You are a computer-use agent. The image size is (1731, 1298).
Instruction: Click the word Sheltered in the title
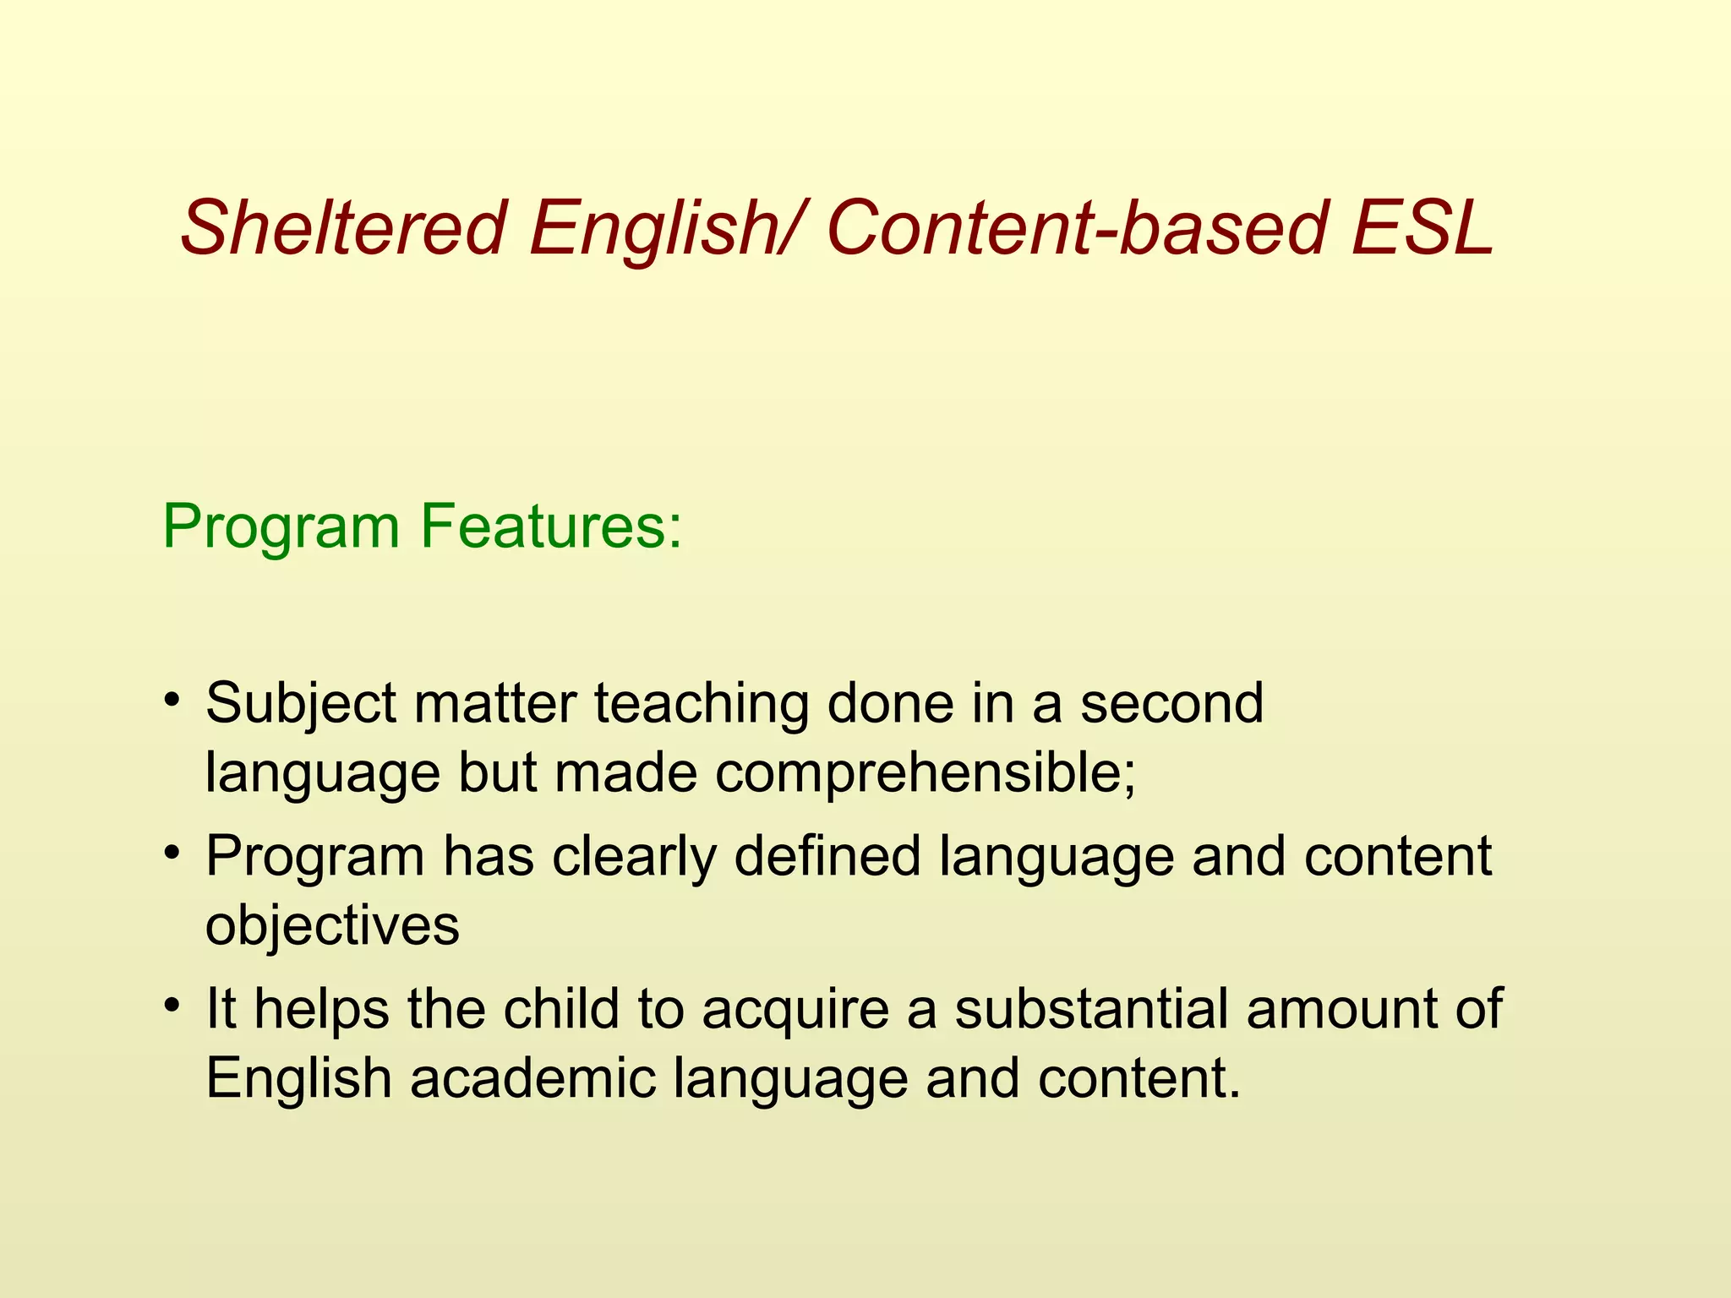tap(342, 228)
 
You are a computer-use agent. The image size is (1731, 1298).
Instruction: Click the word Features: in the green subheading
tap(550, 526)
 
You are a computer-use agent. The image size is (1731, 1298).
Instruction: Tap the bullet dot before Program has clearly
tap(172, 853)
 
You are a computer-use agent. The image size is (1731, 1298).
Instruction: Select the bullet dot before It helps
tap(172, 1006)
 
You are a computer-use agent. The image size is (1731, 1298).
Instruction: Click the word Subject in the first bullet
tap(301, 704)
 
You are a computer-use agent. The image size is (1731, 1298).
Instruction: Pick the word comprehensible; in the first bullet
tap(926, 773)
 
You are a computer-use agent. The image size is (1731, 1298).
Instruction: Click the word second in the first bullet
tap(1171, 704)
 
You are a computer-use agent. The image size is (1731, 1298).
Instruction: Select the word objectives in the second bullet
tap(332, 925)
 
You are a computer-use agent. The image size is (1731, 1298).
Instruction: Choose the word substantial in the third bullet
tap(1090, 1009)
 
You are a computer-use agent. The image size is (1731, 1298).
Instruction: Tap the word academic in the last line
tap(532, 1079)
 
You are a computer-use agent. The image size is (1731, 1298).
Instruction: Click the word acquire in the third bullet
tap(795, 1011)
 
